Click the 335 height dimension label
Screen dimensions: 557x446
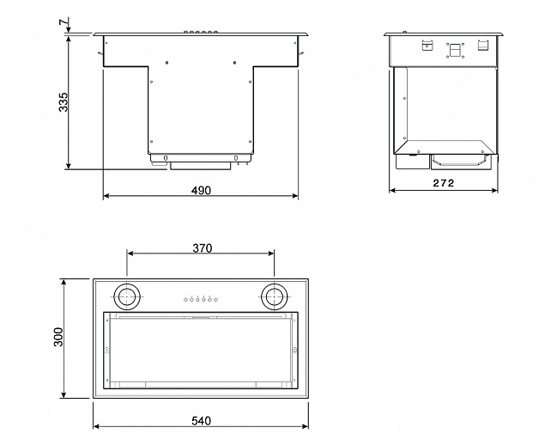[63, 102]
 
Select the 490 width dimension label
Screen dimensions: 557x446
[201, 191]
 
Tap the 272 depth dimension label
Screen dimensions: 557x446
[444, 183]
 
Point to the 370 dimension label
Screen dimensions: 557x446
[203, 247]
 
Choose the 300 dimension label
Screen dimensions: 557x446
[58, 337]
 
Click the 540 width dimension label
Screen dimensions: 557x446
[201, 421]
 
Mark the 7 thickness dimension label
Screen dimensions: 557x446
[64, 21]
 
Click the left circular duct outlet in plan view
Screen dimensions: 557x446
[126, 296]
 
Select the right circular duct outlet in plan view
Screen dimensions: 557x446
[274, 296]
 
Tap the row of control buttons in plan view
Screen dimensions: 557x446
[200, 299]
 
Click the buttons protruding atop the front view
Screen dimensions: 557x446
[200, 33]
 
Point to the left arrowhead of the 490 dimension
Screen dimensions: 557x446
[106, 196]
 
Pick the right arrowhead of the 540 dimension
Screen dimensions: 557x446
[306, 426]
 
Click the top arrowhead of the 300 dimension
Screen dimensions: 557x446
[64, 282]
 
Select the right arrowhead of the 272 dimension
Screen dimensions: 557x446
[494, 191]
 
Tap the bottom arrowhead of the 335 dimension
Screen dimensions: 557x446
[69, 166]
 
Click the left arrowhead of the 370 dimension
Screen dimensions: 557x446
[130, 254]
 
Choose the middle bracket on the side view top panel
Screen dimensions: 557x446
[455, 50]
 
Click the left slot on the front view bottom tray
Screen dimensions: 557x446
[165, 158]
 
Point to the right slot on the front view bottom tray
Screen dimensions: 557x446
[235, 158]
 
